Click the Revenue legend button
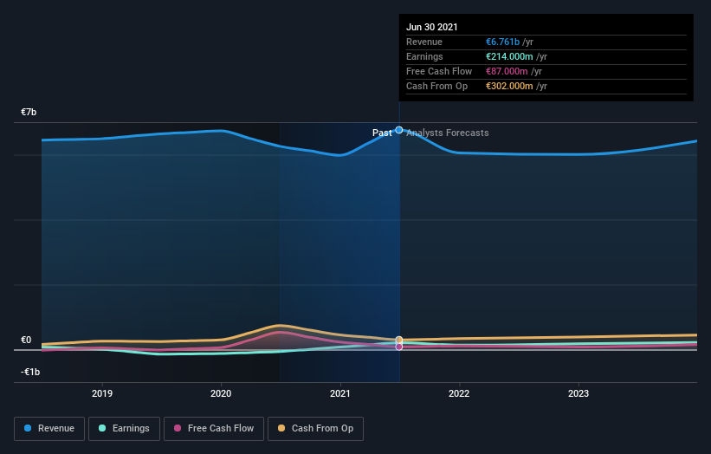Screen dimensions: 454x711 [x=48, y=428]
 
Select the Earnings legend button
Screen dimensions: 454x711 [x=124, y=428]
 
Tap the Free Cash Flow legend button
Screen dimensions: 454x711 [x=212, y=428]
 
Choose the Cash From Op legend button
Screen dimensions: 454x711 [x=315, y=428]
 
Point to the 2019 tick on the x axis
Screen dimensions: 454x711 [x=102, y=393]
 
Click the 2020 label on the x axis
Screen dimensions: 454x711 [x=221, y=393]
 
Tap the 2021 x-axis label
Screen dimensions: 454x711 [x=340, y=393]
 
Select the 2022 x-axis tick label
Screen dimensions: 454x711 [x=459, y=393]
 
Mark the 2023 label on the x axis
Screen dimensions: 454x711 [x=578, y=393]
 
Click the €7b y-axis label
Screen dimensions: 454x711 [x=29, y=113]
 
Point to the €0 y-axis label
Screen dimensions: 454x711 [x=26, y=340]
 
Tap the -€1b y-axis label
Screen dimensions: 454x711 [x=30, y=372]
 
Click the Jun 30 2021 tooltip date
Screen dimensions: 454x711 [x=431, y=27]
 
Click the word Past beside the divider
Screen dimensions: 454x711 [x=382, y=133]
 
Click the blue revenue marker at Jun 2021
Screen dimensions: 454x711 [x=399, y=130]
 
